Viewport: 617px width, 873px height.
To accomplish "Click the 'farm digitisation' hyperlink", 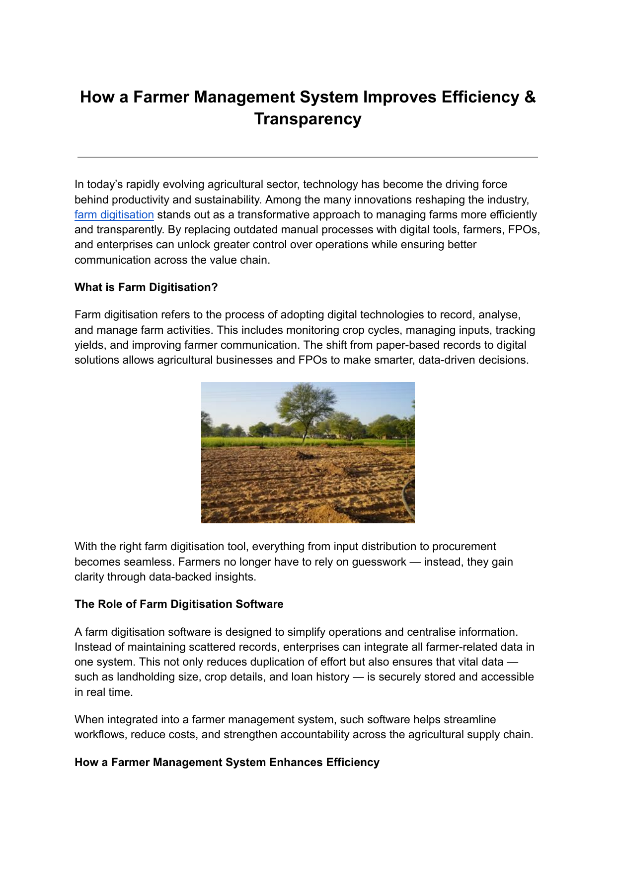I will coord(114,215).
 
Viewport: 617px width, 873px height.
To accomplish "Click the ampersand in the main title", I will coord(530,97).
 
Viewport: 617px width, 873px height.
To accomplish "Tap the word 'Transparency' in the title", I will coord(308,119).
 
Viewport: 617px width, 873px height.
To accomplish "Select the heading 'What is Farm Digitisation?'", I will coord(146,288).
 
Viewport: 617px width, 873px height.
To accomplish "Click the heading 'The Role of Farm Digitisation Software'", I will coord(179,604).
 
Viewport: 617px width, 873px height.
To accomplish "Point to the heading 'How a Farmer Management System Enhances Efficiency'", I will coord(227,763).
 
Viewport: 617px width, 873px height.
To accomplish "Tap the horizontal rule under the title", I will coord(308,157).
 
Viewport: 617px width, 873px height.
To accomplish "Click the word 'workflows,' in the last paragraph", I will coord(100,735).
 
